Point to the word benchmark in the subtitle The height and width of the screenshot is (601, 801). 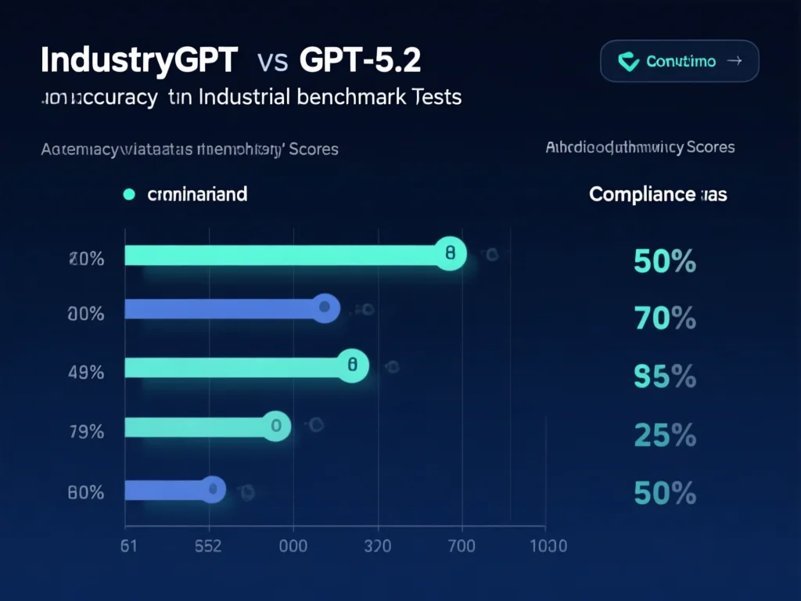(x=354, y=98)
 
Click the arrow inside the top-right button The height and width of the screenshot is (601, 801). (x=734, y=61)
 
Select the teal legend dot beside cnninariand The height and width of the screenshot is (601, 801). (x=130, y=194)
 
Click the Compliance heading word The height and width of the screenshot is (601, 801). (x=641, y=194)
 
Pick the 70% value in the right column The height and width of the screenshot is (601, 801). (x=664, y=318)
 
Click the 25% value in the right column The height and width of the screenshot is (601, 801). (x=664, y=435)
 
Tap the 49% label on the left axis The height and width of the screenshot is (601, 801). (x=86, y=372)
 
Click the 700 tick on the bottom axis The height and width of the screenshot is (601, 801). (x=461, y=545)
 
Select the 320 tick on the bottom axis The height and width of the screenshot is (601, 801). (x=378, y=545)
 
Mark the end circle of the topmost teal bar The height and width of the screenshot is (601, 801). (x=450, y=254)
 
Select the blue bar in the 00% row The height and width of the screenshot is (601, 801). (x=223, y=309)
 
